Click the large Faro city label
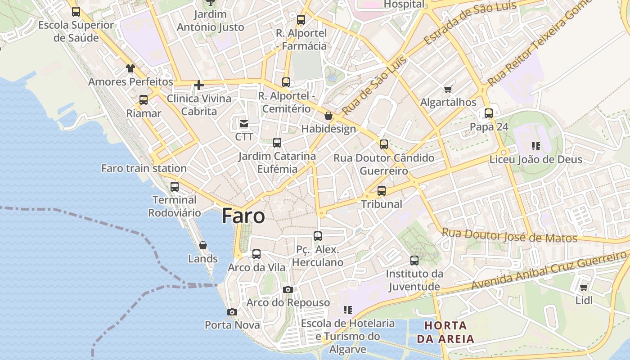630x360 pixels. click(x=243, y=216)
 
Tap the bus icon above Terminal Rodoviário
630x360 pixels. click(x=175, y=186)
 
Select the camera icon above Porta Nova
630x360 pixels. click(x=232, y=312)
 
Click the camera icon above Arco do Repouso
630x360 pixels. click(x=288, y=289)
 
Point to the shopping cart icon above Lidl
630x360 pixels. click(x=584, y=287)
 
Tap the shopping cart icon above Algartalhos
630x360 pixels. click(x=448, y=89)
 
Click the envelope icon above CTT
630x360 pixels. click(x=244, y=123)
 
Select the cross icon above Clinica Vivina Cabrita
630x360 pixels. click(x=199, y=85)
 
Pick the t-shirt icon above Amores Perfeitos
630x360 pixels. click(x=130, y=68)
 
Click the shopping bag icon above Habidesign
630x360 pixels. click(x=328, y=116)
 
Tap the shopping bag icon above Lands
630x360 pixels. click(x=203, y=245)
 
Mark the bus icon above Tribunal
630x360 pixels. click(x=382, y=190)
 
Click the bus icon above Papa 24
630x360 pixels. click(x=489, y=113)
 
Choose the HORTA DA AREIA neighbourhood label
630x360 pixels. click(x=445, y=332)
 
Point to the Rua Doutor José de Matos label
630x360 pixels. click(x=509, y=235)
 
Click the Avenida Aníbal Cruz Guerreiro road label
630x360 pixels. click(x=549, y=271)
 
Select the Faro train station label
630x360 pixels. click(x=144, y=168)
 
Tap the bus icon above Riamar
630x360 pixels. click(x=144, y=100)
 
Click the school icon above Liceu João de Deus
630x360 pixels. click(x=535, y=146)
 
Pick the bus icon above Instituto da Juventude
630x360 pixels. click(x=414, y=260)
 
